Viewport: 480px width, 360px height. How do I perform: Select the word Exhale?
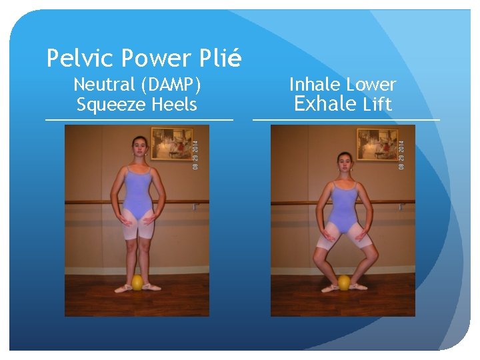[325, 104]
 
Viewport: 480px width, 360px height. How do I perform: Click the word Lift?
[377, 105]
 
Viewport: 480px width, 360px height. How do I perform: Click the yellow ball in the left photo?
[137, 283]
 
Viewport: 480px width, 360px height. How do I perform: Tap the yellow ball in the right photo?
[344, 283]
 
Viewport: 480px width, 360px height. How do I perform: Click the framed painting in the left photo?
[172, 143]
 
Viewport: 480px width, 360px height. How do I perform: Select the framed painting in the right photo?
[378, 143]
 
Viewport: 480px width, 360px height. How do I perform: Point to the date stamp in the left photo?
[195, 153]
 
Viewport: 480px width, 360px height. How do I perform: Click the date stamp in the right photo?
[401, 153]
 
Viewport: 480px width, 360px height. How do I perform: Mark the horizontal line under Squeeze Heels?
[139, 120]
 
